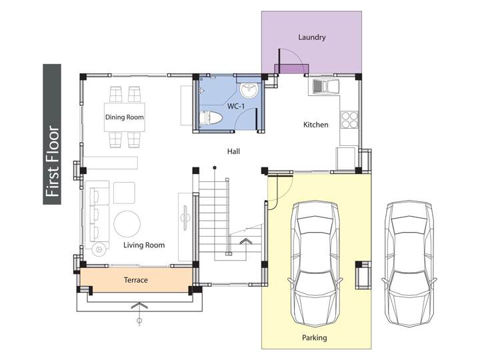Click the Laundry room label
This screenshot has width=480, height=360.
311,37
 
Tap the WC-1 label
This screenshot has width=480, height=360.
236,107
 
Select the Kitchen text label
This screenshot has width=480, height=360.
315,125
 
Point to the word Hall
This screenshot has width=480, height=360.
233,151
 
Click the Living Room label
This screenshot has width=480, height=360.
144,245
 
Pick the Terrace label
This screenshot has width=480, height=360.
136,280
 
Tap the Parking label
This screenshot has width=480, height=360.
315,337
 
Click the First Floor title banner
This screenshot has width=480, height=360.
52,134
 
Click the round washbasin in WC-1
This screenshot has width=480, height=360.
249,91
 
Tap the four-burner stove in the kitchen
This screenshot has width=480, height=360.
349,120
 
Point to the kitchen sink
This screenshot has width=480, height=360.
326,87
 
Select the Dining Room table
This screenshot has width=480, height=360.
124,117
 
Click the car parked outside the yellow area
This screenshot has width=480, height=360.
409,263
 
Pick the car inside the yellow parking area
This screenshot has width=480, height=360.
315,263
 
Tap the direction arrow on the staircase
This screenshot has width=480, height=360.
245,241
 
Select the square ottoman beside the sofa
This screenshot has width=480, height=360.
124,193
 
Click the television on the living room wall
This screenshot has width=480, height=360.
185,218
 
